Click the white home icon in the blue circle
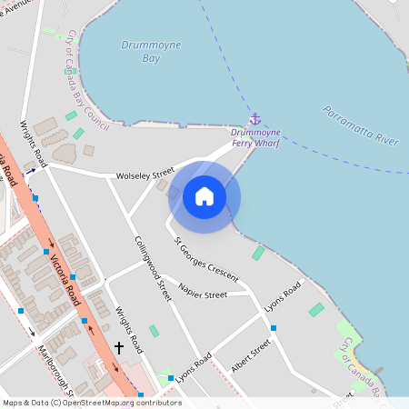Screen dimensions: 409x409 click(x=204, y=196)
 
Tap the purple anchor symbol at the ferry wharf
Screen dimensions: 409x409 click(x=255, y=119)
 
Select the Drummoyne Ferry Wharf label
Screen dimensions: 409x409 click(x=256, y=136)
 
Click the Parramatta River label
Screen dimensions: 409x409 click(x=361, y=125)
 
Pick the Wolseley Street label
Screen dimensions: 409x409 click(x=145, y=174)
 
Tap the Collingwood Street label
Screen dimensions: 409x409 click(x=153, y=268)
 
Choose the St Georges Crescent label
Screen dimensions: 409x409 click(x=206, y=258)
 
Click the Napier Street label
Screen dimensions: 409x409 click(x=203, y=294)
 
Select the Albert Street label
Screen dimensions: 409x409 click(x=251, y=355)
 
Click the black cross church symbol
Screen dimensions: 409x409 click(x=119, y=347)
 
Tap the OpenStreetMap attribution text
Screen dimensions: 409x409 click(x=92, y=402)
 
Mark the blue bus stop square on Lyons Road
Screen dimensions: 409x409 click(x=274, y=327)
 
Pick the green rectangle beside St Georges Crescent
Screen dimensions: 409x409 click(x=259, y=253)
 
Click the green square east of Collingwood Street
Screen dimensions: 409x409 click(x=153, y=331)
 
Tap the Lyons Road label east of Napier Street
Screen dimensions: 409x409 click(x=282, y=300)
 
